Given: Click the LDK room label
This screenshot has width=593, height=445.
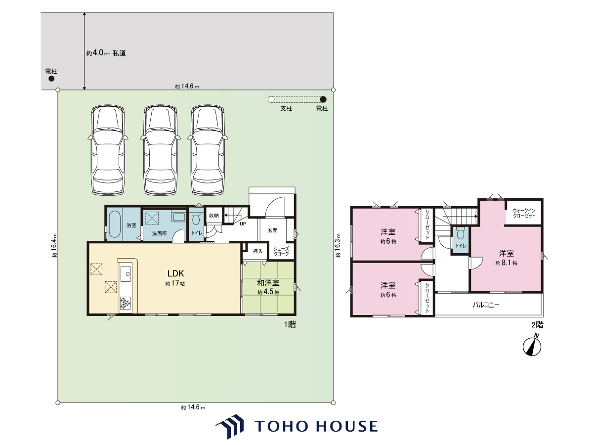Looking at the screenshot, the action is (x=175, y=273).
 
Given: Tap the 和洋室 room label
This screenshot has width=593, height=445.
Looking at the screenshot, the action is (x=268, y=283).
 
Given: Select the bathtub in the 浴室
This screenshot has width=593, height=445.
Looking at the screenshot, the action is (x=115, y=224).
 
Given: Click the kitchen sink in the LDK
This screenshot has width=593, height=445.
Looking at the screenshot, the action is (x=126, y=274).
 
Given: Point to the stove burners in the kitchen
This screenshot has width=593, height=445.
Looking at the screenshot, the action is (x=126, y=303).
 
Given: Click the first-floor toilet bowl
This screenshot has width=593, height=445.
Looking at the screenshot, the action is (x=196, y=219).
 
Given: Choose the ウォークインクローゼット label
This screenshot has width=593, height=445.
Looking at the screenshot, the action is (x=524, y=213).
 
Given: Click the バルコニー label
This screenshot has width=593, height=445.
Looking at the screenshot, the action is (x=486, y=305).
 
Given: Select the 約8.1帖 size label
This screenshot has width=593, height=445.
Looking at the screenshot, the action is (x=507, y=263).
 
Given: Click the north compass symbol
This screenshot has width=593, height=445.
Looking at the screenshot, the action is (x=532, y=347).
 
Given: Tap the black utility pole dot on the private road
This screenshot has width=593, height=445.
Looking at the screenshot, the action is (x=51, y=79).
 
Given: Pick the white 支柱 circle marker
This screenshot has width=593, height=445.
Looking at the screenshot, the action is (x=271, y=99).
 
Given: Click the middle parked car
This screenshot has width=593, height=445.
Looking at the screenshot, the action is (x=161, y=150).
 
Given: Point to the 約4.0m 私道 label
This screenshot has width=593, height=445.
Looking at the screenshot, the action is (x=106, y=53).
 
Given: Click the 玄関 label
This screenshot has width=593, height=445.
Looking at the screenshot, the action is (x=273, y=230).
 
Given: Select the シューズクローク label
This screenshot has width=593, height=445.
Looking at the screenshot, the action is (x=281, y=251).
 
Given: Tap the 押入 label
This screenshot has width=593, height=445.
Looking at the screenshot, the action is (x=257, y=251).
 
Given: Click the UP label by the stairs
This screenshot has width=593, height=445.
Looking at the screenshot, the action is (x=243, y=223).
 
